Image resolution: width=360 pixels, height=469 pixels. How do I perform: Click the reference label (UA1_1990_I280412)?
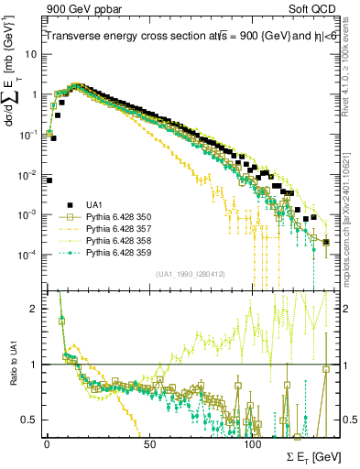(191, 274)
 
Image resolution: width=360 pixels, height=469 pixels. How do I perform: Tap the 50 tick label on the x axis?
(150, 443)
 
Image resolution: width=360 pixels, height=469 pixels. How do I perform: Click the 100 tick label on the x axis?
(253, 443)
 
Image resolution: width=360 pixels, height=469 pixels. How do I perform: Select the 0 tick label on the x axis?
(47, 443)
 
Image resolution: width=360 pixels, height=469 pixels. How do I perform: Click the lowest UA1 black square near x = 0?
(49, 180)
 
